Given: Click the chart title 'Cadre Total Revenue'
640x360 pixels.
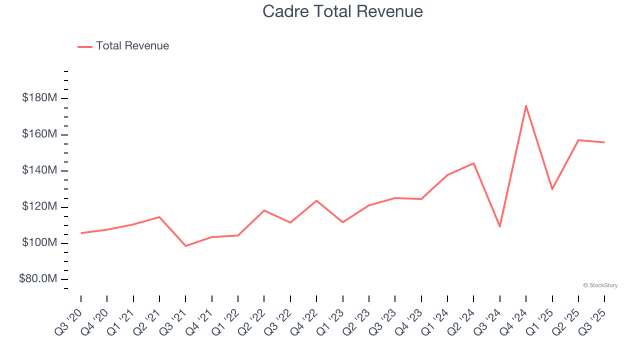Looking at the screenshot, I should click(342, 11).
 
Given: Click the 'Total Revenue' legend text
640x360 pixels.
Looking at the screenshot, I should click(132, 46).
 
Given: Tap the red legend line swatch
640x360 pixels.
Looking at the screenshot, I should click(85, 46).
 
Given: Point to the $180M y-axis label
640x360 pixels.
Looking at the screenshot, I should click(39, 98).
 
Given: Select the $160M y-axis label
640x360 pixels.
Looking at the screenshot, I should click(39, 134).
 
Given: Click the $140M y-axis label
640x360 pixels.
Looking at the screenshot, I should click(39, 170).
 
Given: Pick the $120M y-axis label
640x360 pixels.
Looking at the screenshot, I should click(39, 207).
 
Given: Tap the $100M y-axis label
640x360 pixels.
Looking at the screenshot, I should click(39, 243).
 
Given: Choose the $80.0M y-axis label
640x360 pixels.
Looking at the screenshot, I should click(38, 279).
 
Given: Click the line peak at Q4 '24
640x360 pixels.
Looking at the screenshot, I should click(526, 105).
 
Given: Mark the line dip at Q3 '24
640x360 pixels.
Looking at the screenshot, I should click(500, 226).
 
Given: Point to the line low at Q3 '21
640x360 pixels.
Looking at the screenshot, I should click(185, 246).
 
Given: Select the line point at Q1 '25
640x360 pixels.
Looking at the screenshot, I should click(552, 189).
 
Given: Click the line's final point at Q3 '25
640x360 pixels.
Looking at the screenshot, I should click(604, 142).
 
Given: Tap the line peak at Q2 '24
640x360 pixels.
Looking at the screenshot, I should click(473, 163).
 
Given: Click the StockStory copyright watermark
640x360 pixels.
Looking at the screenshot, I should click(600, 285).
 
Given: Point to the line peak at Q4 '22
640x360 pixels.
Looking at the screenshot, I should click(316, 200).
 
